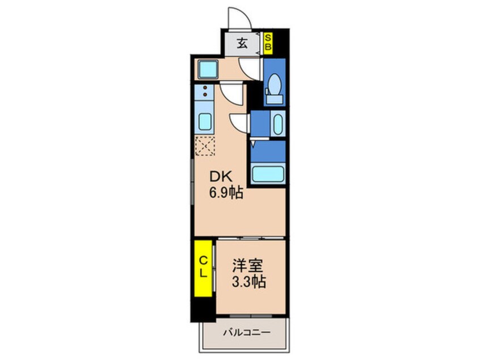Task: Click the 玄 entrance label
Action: [242, 43]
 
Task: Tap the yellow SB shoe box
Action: [269, 43]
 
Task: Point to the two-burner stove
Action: [204, 94]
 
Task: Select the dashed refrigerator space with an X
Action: [205, 146]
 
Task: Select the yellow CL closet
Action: [203, 269]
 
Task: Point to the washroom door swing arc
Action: [240, 122]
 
